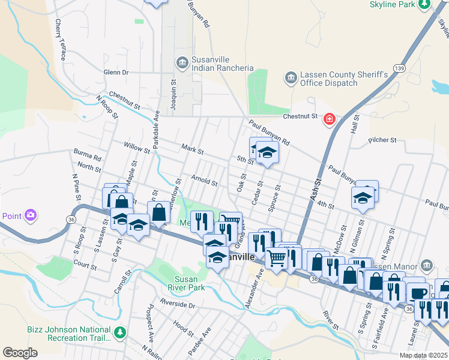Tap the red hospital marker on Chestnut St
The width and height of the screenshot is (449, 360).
pos(329,120)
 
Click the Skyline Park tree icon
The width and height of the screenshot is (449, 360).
pos(425,4)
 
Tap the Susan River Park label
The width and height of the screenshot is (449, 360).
pos(190,283)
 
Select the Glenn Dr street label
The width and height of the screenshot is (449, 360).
pos(116,73)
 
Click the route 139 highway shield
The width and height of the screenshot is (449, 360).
pos(399,68)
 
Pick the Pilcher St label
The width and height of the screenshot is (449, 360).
pos(384,140)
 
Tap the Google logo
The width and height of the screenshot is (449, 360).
pos(20,353)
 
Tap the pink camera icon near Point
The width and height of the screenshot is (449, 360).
pos(30,215)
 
